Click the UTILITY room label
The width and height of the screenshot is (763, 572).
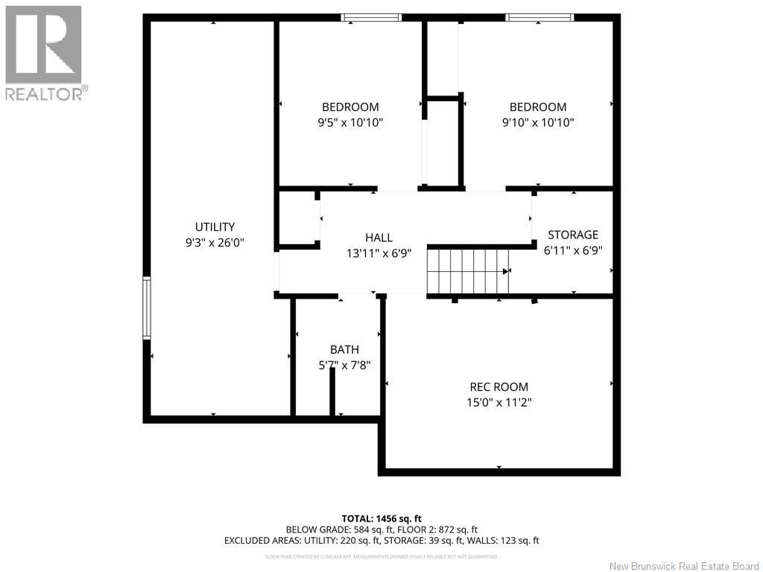(x=215, y=227)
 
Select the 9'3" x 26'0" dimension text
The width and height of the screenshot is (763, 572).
(x=215, y=242)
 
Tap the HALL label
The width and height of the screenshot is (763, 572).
(x=379, y=238)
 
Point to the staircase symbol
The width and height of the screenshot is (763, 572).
(x=469, y=272)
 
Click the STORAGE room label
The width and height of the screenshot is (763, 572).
(x=573, y=235)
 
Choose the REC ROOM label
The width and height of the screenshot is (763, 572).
(x=498, y=387)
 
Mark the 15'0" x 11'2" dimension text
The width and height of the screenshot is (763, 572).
(x=498, y=402)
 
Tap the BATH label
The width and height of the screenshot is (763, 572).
(x=344, y=350)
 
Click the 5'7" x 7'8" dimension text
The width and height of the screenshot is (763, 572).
(x=344, y=365)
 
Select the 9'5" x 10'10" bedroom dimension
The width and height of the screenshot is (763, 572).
(x=349, y=122)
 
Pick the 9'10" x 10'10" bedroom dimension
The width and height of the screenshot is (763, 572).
(x=537, y=122)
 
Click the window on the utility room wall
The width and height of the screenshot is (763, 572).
(x=147, y=308)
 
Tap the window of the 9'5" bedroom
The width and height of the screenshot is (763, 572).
(x=371, y=17)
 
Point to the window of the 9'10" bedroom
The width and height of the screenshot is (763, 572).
(x=540, y=17)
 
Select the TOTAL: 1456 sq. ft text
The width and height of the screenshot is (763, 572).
(x=381, y=518)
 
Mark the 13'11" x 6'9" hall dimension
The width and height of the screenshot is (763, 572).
(x=379, y=252)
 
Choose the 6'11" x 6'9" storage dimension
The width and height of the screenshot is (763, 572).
(x=573, y=251)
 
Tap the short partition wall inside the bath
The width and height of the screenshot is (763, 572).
(x=332, y=391)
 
